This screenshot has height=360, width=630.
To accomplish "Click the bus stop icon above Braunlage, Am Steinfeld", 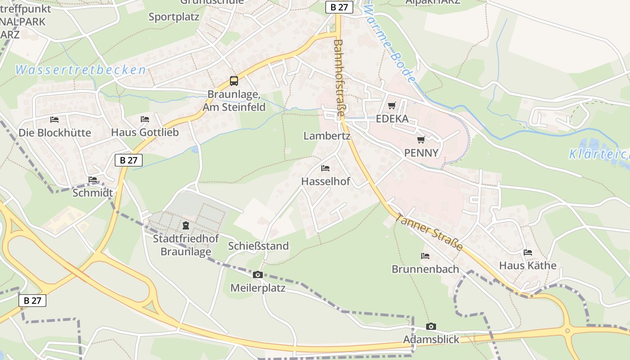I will pyautogui.click(x=234, y=81).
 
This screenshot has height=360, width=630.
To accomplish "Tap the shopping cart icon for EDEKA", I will pyautogui.click(x=392, y=105).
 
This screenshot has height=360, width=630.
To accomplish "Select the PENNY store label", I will pyautogui.click(x=421, y=153).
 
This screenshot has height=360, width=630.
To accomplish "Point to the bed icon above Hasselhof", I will pyautogui.click(x=325, y=168).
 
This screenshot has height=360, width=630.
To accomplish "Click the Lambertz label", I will pyautogui.click(x=327, y=136).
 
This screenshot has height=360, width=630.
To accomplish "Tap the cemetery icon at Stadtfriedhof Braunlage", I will pyautogui.click(x=186, y=225).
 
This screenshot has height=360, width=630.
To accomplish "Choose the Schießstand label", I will pyautogui.click(x=258, y=246).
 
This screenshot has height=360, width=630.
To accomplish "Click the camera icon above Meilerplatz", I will pyautogui.click(x=258, y=274).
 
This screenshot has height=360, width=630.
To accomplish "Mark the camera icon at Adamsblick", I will pyautogui.click(x=431, y=326).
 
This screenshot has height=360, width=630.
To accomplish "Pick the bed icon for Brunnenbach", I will pyautogui.click(x=425, y=256).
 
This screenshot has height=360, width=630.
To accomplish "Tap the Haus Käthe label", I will pyautogui.click(x=528, y=265).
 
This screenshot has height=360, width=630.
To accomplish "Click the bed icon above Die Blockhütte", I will pyautogui.click(x=54, y=120).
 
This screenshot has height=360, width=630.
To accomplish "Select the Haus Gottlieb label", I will pyautogui.click(x=145, y=132).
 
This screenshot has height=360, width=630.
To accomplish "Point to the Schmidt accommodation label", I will pyautogui.click(x=93, y=193).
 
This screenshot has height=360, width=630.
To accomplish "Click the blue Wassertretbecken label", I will pyautogui.click(x=81, y=70).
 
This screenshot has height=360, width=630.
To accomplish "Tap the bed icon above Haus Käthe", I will pyautogui.click(x=528, y=252).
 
